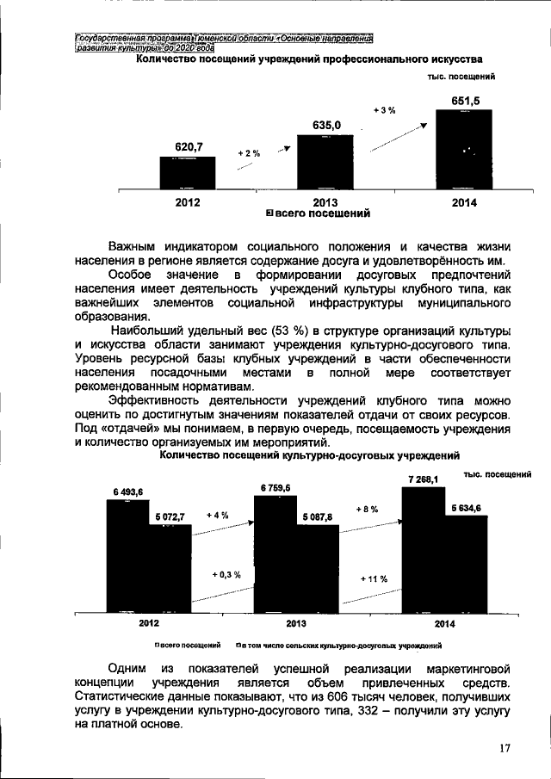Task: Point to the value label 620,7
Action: pyautogui.click(x=188, y=147)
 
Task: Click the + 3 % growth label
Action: pyautogui.click(x=384, y=110)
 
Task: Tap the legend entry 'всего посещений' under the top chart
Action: pyautogui.click(x=319, y=212)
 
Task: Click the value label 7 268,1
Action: pyautogui.click(x=424, y=479)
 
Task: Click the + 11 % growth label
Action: pyautogui.click(x=375, y=579)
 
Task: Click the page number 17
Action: pyautogui.click(x=505, y=749)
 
